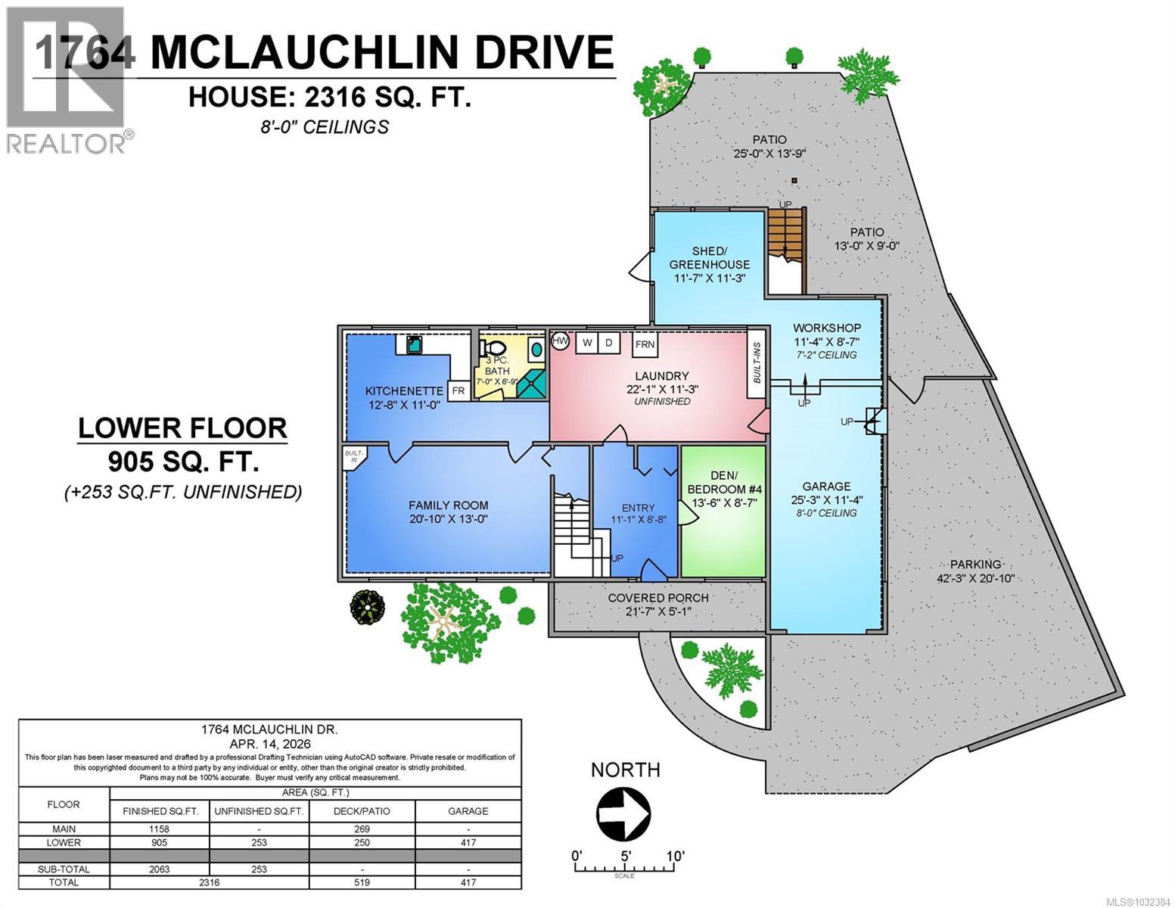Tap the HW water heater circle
(x=560, y=342)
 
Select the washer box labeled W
(x=586, y=343)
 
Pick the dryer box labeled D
(x=608, y=343)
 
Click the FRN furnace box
(x=645, y=344)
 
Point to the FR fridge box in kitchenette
(x=458, y=391)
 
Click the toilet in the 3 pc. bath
(x=494, y=349)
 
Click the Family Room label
(x=448, y=505)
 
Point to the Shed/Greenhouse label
(x=709, y=258)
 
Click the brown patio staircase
(x=785, y=235)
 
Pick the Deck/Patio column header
(x=362, y=811)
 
